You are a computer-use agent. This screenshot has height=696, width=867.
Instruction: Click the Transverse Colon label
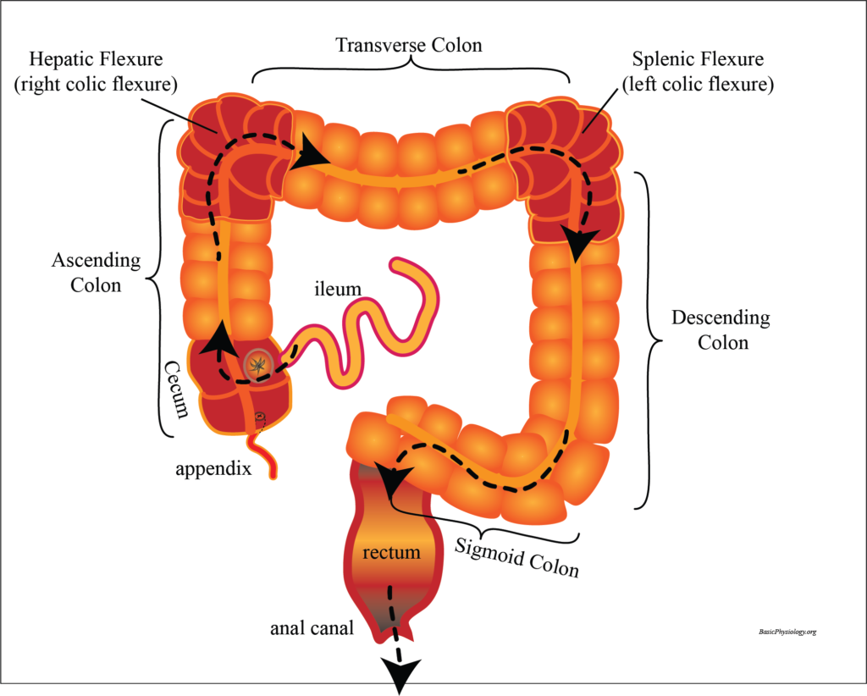coord(409,45)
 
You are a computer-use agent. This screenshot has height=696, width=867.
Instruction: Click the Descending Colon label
coord(721,330)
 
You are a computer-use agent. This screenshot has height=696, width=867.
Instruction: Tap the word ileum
coord(338,290)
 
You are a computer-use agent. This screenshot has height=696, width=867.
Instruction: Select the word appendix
coord(213,467)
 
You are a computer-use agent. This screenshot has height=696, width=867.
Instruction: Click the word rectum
coord(391,553)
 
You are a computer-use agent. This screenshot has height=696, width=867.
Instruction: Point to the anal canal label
coord(312,628)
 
